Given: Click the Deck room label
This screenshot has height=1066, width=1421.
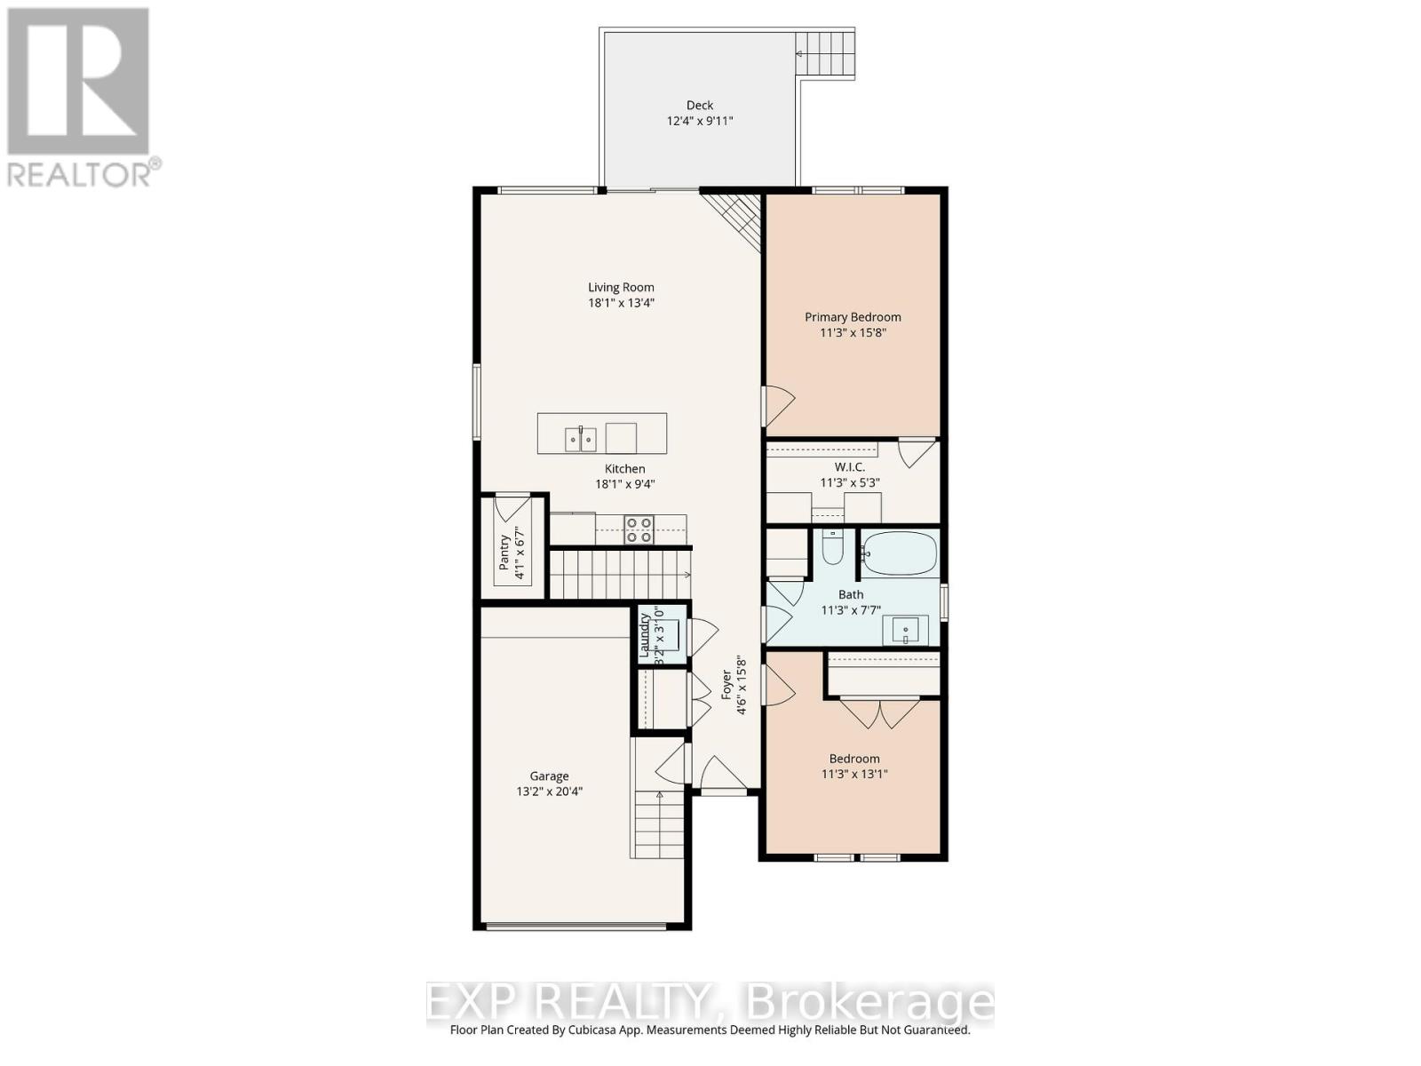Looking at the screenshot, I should pos(699,105).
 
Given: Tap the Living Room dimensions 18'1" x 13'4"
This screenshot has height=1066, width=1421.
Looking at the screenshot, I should pos(621,303).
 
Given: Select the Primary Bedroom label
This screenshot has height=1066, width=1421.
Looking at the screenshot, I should pos(853,317).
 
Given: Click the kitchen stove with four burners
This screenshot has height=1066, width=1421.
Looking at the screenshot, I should pos(638,530).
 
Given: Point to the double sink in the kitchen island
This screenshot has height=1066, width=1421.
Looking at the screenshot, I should pos(581,438).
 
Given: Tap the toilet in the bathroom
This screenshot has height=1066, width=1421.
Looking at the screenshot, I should pos(832,548).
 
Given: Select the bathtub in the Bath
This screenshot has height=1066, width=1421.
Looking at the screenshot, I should pos(900,553).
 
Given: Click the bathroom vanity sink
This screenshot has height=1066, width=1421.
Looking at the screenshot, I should pos(905,630).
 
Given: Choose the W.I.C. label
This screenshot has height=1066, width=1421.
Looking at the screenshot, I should pos(850,467).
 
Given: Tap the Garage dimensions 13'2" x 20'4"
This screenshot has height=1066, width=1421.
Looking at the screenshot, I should pos(550,792).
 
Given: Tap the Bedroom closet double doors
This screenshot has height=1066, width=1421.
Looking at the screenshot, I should pos(880,713).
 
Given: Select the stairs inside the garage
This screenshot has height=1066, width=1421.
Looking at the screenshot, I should pos(658,824).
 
